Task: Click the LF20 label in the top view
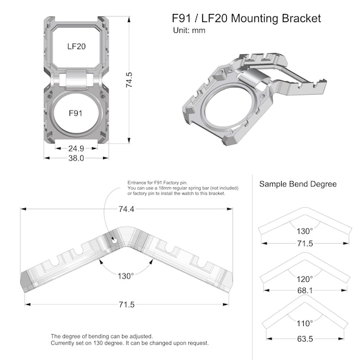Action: coord(76,46)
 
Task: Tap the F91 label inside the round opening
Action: coord(76,114)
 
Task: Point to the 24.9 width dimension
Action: coord(76,149)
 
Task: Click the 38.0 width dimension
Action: coord(76,159)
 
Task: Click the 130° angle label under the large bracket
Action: coord(126,276)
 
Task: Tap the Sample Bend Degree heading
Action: coord(298,184)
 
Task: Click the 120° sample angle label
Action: coord(305,279)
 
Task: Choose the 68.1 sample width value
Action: coord(305,291)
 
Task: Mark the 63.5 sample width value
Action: coord(305,339)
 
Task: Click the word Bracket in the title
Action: coord(299,18)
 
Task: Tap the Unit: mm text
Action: coord(189,30)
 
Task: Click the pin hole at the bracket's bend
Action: coord(114,240)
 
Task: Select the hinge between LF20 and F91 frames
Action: coord(76,80)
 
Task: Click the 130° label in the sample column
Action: coord(305,231)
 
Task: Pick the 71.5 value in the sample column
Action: coord(305,243)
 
